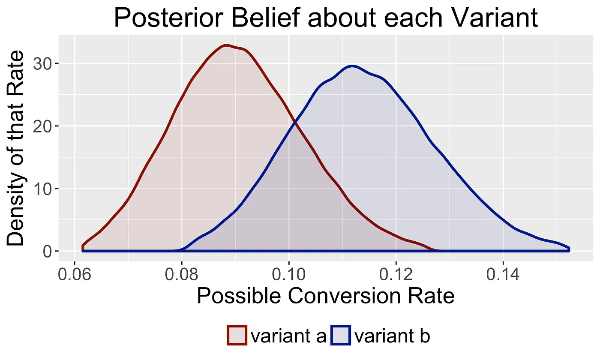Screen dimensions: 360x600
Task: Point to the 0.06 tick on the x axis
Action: pyautogui.click(x=75, y=274)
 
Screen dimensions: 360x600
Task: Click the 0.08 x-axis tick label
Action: pyautogui.click(x=182, y=274)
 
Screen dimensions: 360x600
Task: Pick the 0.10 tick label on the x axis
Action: pyautogui.click(x=289, y=274)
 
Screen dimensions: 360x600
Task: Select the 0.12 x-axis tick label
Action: pyautogui.click(x=396, y=274)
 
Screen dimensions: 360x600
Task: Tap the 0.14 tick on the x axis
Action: pyautogui.click(x=503, y=274)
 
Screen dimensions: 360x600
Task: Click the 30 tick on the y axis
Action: pyautogui.click(x=47, y=63)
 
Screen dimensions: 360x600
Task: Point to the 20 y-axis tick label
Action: pyautogui.click(x=47, y=126)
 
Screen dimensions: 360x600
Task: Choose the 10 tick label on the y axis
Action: pyautogui.click(x=47, y=189)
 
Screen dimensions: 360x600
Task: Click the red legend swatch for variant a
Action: pyautogui.click(x=237, y=335)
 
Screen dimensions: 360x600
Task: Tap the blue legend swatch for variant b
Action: pyautogui.click(x=341, y=335)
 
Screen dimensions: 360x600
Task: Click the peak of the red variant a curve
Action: pyautogui.click(x=227, y=45)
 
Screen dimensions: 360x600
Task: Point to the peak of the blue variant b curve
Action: pyautogui.click(x=352, y=66)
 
